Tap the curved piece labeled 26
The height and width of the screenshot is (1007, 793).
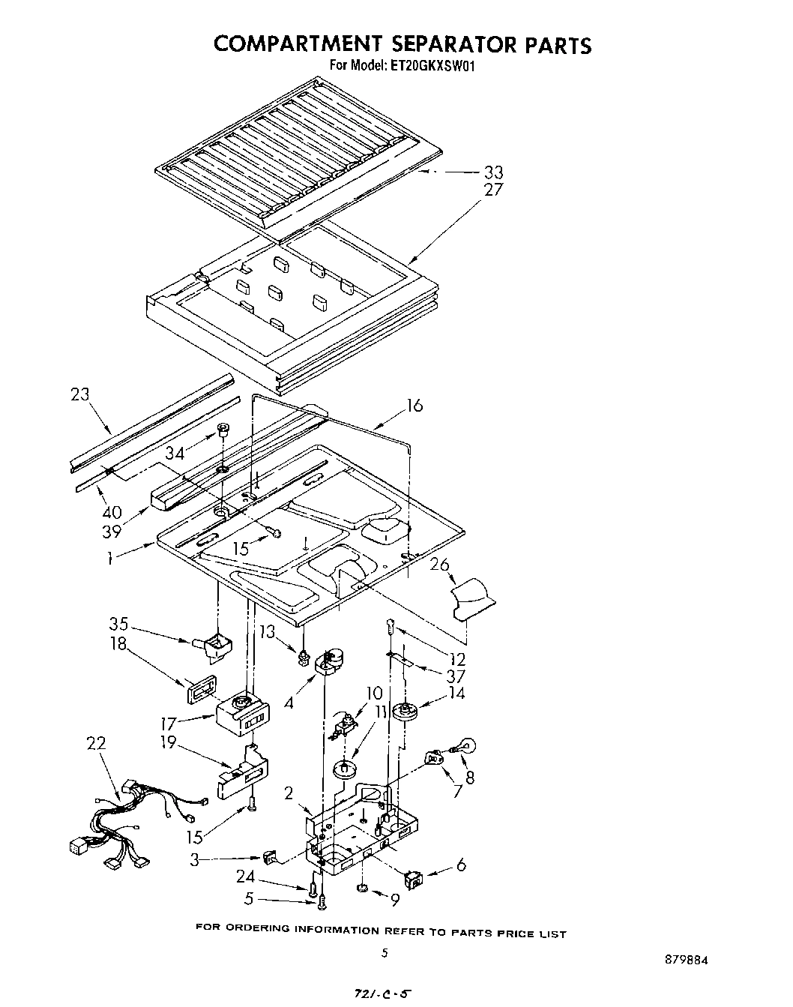click(x=473, y=598)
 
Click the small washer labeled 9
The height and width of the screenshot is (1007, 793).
click(x=361, y=889)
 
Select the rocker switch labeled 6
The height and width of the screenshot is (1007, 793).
click(x=413, y=878)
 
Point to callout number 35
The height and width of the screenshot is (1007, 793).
click(x=119, y=624)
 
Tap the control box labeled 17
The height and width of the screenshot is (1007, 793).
click(x=242, y=712)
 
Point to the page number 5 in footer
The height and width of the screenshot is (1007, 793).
click(x=385, y=954)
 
